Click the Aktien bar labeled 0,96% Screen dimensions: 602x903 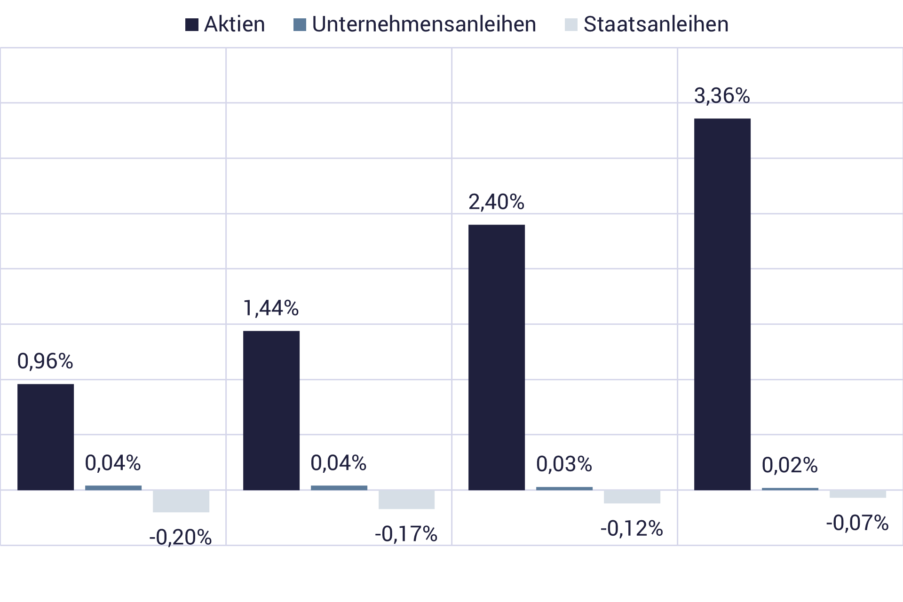(46, 437)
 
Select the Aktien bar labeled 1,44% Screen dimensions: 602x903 (271, 410)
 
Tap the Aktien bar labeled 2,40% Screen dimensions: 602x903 (497, 357)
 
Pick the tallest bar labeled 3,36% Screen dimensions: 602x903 (722, 304)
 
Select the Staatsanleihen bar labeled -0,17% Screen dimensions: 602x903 (407, 500)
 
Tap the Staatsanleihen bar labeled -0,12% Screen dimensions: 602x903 (632, 497)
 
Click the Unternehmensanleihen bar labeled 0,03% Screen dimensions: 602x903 (564, 489)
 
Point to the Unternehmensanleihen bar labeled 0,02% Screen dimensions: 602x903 (790, 489)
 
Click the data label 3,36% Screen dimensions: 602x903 (722, 96)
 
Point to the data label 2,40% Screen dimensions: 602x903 (496, 202)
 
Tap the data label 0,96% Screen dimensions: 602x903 (45, 361)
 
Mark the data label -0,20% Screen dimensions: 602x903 (181, 537)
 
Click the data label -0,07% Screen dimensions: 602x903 (857, 523)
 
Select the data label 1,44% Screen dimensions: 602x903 (271, 309)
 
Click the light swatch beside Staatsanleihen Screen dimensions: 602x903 (571, 24)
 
